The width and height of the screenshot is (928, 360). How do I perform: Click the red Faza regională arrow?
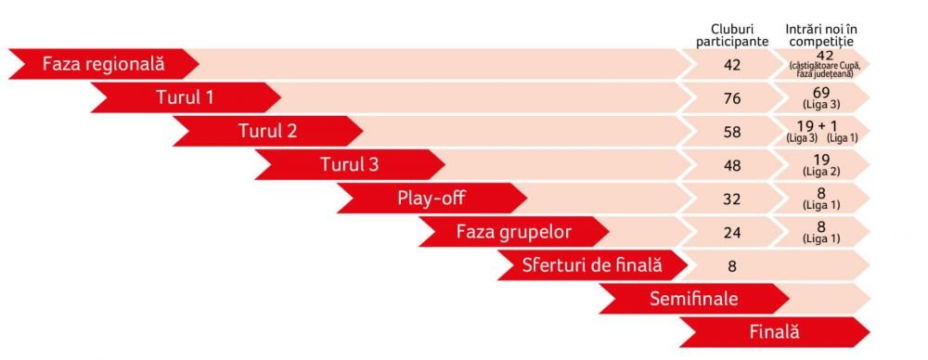click(x=104, y=64)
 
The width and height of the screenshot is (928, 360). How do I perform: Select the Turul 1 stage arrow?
click(x=186, y=97)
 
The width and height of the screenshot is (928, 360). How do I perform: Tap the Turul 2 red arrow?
click(x=268, y=131)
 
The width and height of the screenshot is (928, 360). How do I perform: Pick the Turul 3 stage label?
click(x=350, y=164)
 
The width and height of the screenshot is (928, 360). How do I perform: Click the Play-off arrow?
click(x=432, y=198)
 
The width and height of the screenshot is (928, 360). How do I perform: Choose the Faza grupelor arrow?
click(x=514, y=232)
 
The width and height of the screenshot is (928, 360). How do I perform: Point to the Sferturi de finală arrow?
click(x=592, y=264)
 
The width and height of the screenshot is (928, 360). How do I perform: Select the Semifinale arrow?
click(x=694, y=298)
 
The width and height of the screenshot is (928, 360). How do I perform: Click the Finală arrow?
click(x=775, y=331)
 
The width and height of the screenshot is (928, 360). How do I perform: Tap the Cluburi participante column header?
click(x=732, y=36)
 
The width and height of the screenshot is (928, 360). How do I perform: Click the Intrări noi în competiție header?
click(x=821, y=35)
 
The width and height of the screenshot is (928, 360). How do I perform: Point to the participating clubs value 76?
click(x=732, y=98)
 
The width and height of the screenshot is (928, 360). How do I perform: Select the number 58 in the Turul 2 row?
click(x=732, y=132)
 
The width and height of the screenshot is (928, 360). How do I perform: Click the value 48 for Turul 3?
click(x=732, y=165)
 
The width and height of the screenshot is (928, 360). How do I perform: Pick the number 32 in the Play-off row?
click(x=732, y=199)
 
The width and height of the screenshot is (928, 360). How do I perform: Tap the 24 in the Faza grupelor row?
click(x=732, y=232)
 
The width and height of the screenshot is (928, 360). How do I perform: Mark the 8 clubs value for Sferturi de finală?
click(x=732, y=265)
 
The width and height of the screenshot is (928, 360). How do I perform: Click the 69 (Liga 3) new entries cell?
click(x=821, y=97)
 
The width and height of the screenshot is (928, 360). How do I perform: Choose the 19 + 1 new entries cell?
click(x=821, y=131)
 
